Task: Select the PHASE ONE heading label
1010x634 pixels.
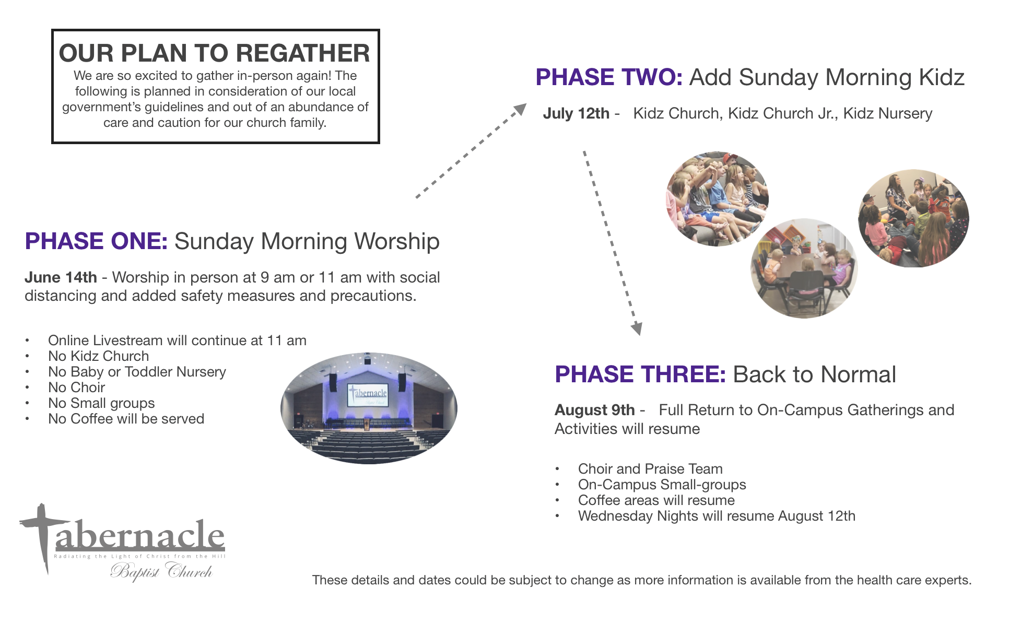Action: tap(96, 241)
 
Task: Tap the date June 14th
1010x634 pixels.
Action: tap(61, 277)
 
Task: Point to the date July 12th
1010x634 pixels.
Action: tap(576, 113)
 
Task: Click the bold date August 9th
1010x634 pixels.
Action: tap(595, 410)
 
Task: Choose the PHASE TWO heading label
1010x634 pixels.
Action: tap(609, 77)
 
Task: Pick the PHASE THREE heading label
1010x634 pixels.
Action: tap(640, 374)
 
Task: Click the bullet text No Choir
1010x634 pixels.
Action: tap(76, 388)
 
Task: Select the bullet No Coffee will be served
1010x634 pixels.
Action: tap(126, 419)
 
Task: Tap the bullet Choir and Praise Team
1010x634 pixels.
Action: tap(650, 469)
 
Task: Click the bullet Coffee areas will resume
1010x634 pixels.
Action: tap(656, 500)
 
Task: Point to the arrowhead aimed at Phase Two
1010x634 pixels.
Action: tap(520, 109)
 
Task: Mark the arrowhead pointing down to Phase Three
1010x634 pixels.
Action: tap(636, 328)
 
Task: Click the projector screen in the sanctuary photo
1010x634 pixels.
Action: tap(368, 395)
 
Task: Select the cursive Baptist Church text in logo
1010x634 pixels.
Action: tap(161, 571)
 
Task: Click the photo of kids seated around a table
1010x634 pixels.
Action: tap(804, 268)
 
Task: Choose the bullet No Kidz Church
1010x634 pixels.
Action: tap(98, 356)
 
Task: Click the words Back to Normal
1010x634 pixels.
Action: tap(814, 374)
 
